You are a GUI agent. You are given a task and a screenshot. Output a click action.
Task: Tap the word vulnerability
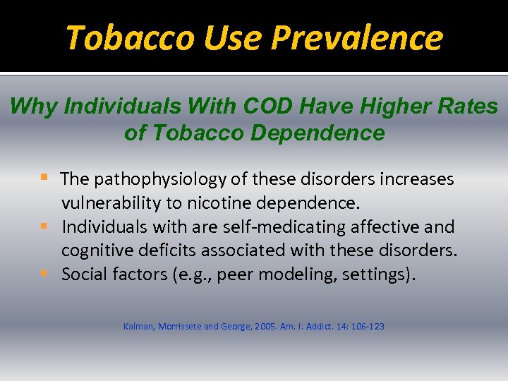pyautogui.click(x=111, y=203)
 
